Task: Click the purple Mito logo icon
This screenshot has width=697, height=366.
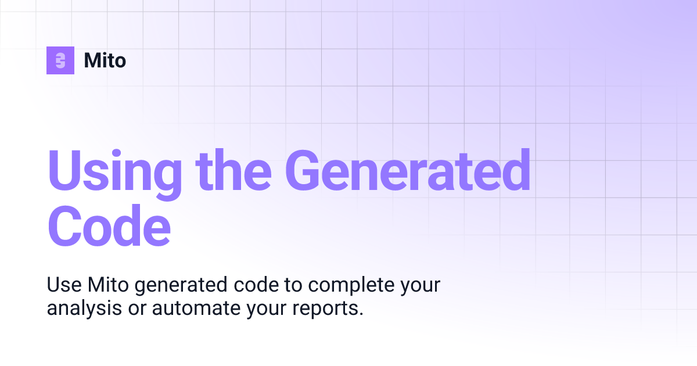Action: coord(60,60)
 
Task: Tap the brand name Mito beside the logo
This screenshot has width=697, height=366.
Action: coord(105,60)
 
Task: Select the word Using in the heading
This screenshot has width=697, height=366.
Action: coord(114,171)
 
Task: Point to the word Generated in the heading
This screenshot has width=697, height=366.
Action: coord(407,171)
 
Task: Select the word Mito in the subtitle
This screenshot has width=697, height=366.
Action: coord(105,285)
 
